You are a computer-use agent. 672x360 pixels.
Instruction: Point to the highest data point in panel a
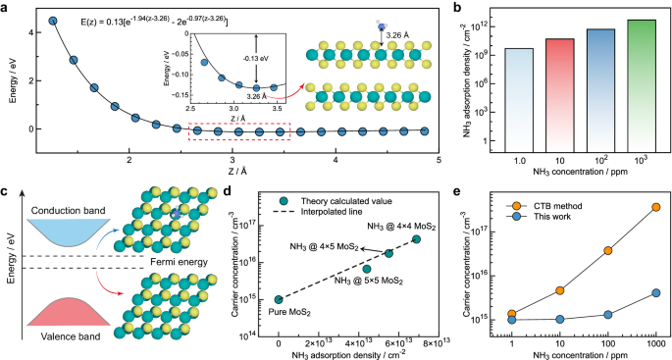[x=53, y=20]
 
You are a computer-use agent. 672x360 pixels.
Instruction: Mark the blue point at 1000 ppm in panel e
[x=655, y=292]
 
